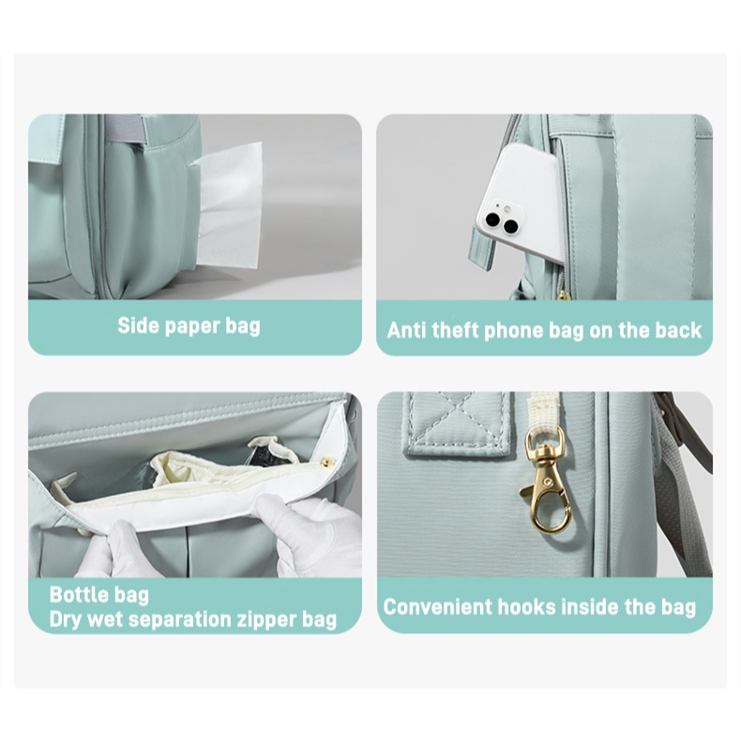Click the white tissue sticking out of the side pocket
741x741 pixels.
[229, 206]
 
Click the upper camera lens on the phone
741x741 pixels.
[493, 219]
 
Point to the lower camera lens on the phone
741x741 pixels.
[510, 226]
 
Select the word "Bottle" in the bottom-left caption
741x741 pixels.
[76, 595]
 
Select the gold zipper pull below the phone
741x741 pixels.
[562, 296]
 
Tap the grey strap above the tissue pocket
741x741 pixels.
[126, 127]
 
